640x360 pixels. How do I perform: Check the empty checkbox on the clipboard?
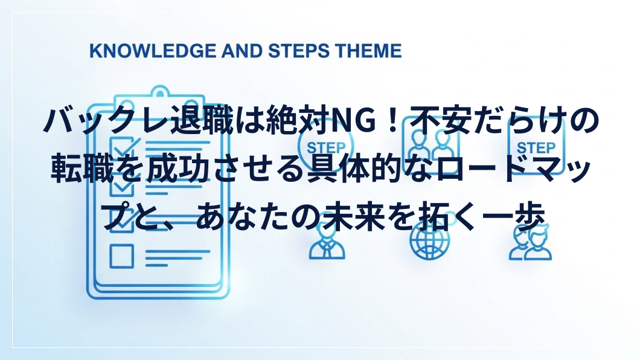coord(121,256)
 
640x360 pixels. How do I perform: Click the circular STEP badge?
coord(325,146)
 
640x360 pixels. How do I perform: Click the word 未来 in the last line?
coord(354,216)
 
